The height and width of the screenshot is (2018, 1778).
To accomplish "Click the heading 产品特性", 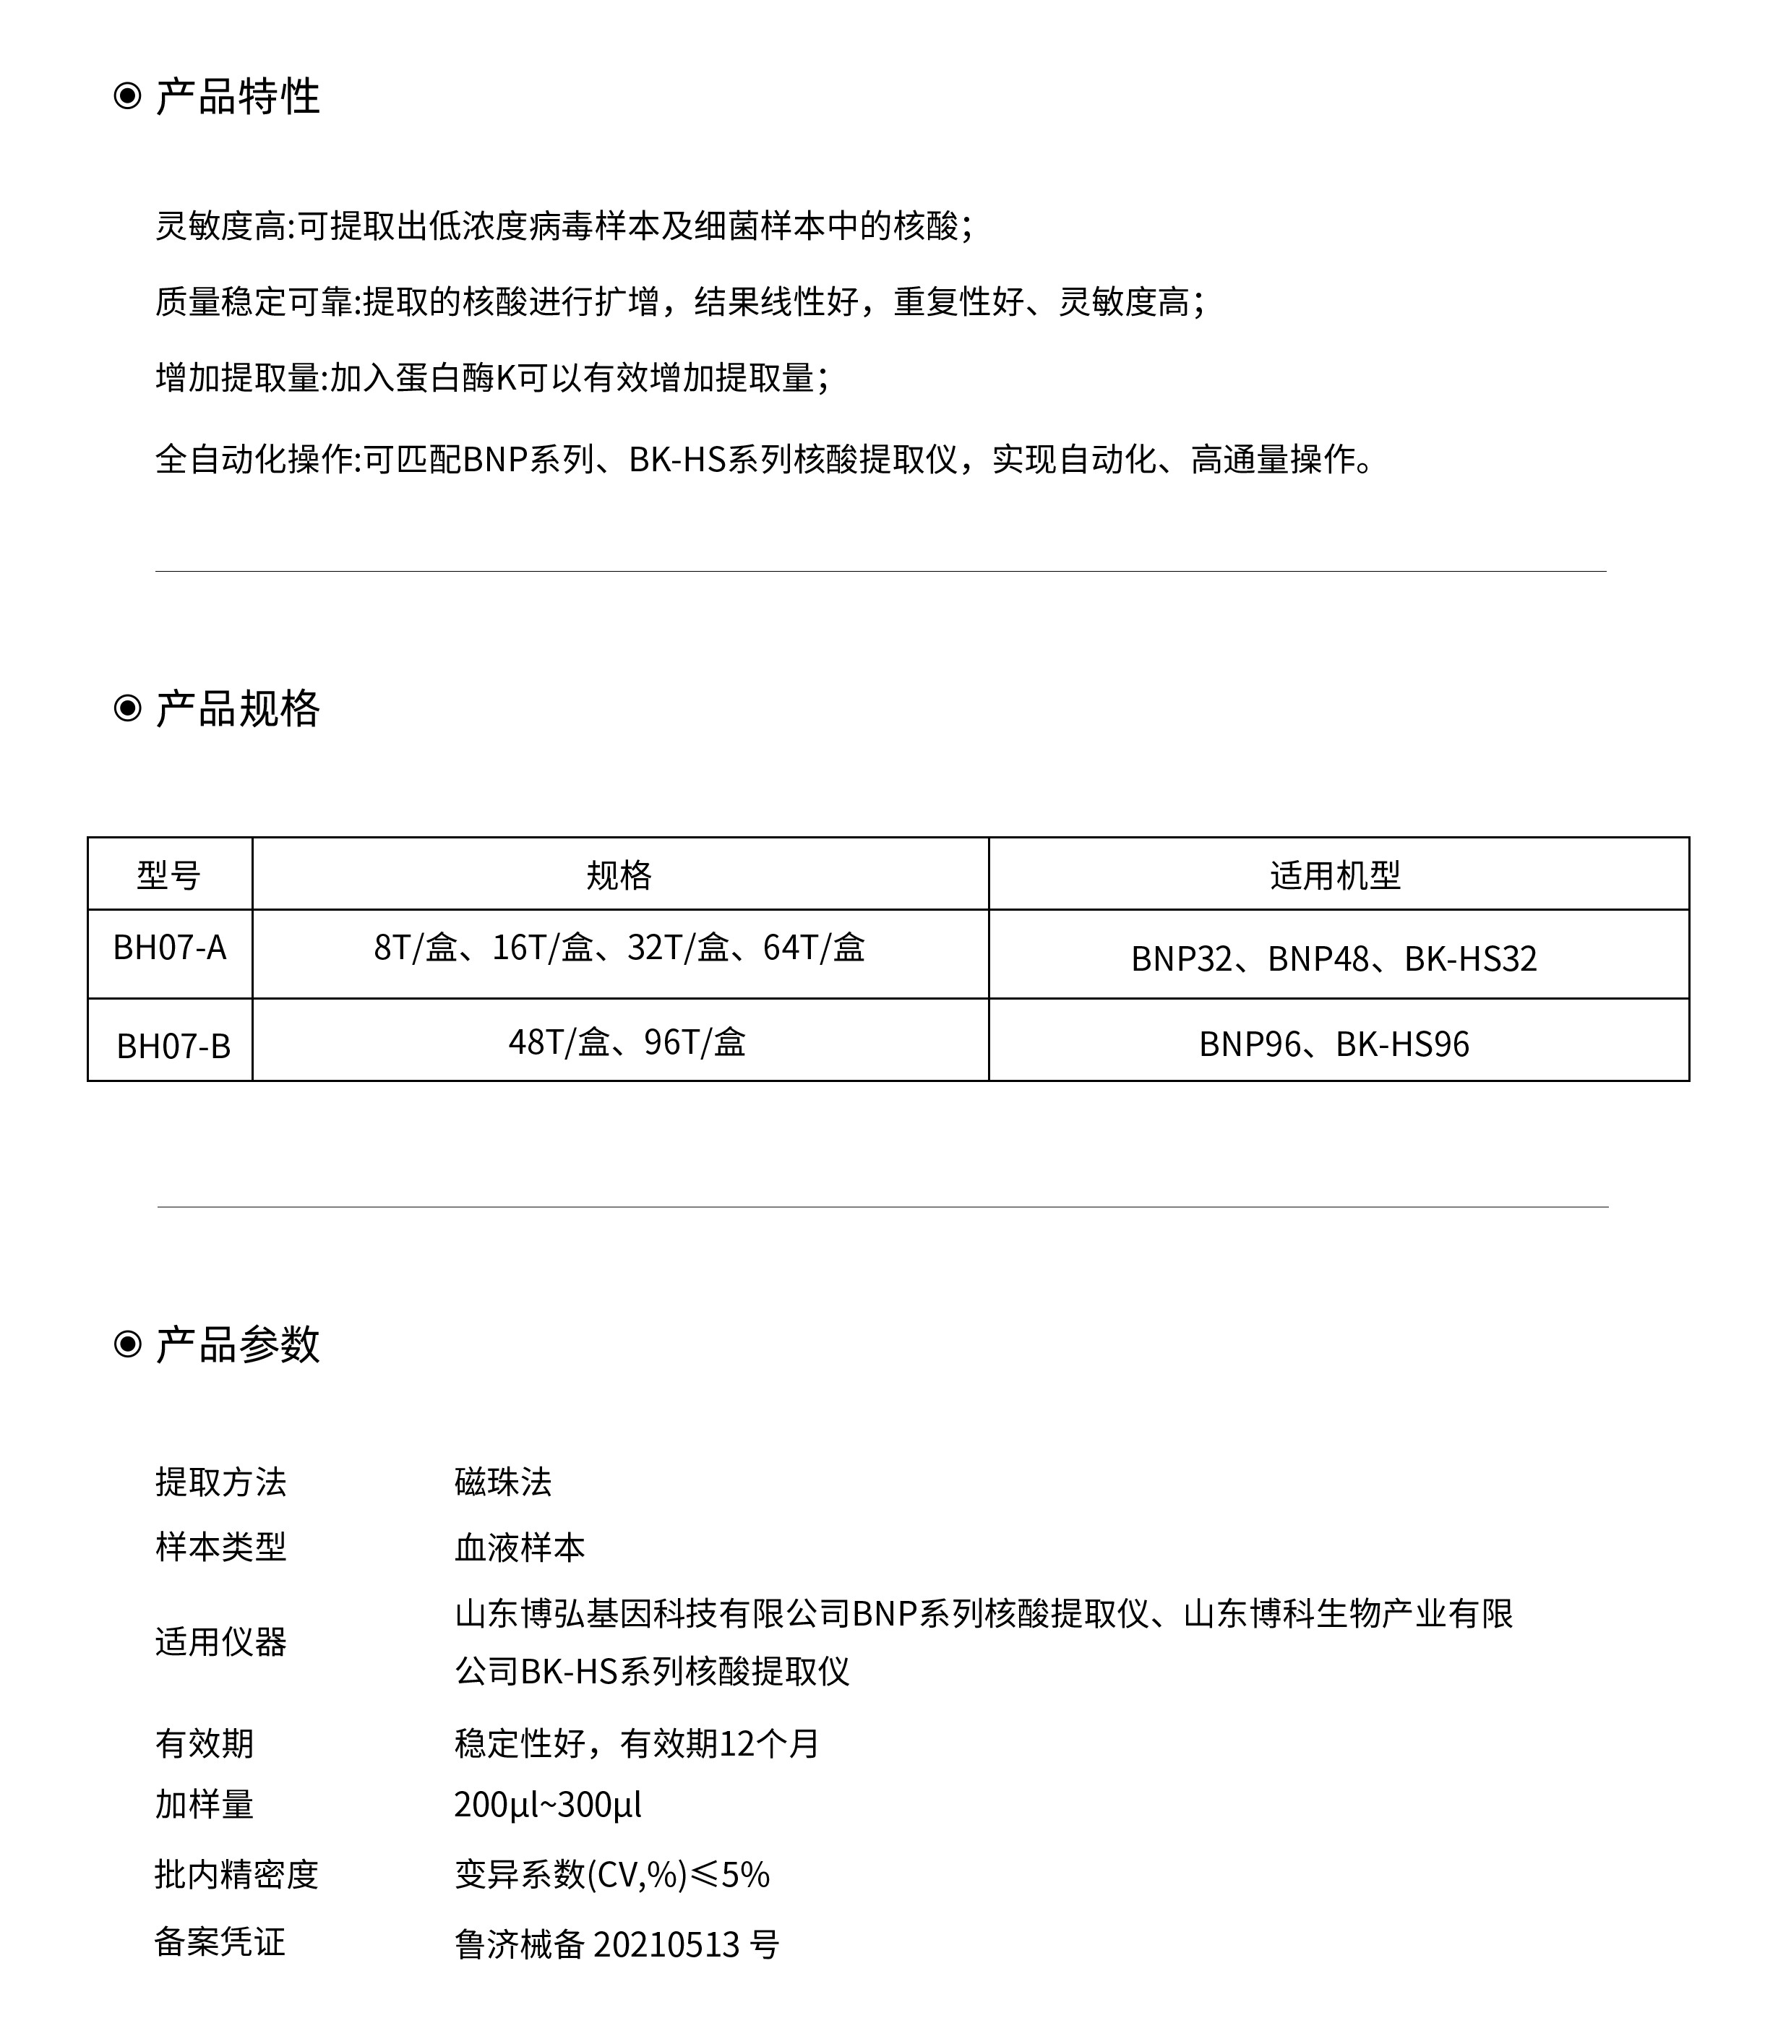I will pyautogui.click(x=237, y=97).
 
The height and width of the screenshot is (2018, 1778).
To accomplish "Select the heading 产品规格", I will pyautogui.click(x=237, y=709).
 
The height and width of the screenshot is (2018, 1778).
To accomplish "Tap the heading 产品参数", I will pyautogui.click(x=237, y=1344).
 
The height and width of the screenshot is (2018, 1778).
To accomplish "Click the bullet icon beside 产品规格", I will pyautogui.click(x=127, y=709).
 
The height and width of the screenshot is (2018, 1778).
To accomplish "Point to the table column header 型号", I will pyautogui.click(x=169, y=875).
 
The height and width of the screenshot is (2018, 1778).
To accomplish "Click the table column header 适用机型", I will pyautogui.click(x=1335, y=875).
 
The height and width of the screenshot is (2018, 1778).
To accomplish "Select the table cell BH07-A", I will pyautogui.click(x=170, y=948).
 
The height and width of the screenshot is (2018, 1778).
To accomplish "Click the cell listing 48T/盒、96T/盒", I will pyautogui.click(x=627, y=1042).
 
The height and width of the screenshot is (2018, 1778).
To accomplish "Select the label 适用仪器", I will pyautogui.click(x=220, y=1642).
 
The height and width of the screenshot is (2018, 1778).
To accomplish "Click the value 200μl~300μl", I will pyautogui.click(x=548, y=1805).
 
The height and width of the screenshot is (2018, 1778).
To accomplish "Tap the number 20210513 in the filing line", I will pyautogui.click(x=666, y=1945).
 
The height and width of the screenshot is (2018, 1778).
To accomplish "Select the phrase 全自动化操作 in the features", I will pyautogui.click(x=254, y=459).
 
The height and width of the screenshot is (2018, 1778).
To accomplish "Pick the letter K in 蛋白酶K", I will pyautogui.click(x=505, y=378).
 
